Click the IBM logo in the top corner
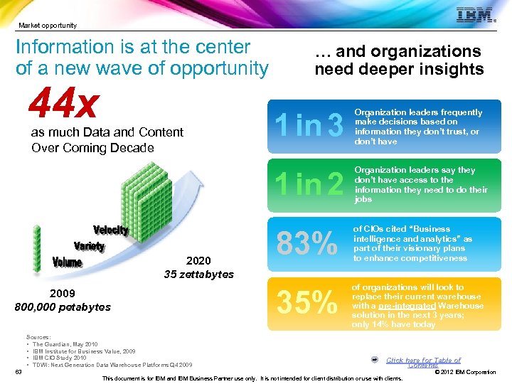click(474, 16)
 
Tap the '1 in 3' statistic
click(309, 126)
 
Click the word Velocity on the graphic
click(111, 230)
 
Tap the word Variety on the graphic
click(89, 246)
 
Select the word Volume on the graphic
click(68, 262)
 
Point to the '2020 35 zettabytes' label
click(198, 267)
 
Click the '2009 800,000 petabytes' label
click(63, 300)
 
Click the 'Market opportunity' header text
click(48, 26)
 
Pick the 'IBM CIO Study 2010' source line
click(65, 357)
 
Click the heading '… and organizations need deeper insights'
click(399, 60)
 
